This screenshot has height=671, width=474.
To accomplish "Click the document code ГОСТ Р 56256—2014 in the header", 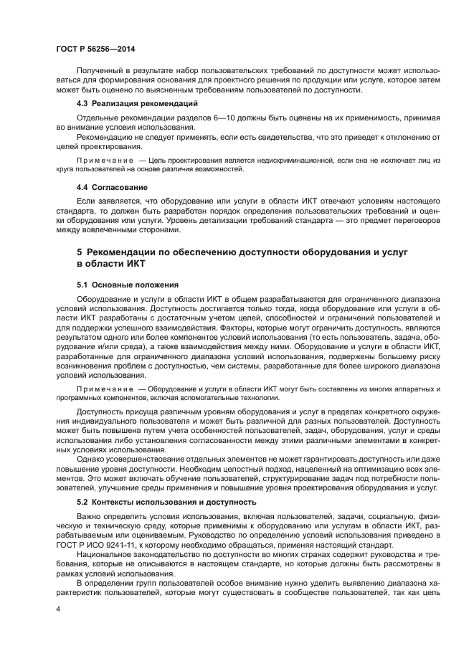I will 95,49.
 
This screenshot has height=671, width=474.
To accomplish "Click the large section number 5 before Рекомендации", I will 79,252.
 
